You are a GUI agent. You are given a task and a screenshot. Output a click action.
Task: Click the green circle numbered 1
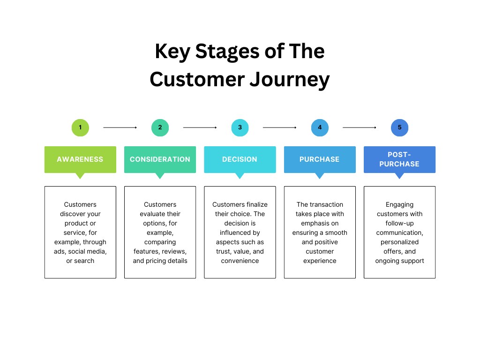(x=80, y=127)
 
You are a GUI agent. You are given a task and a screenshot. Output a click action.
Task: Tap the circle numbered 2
(x=160, y=127)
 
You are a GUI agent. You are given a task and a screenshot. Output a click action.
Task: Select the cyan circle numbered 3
(x=240, y=127)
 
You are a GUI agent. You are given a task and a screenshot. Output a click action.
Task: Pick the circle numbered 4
(x=320, y=127)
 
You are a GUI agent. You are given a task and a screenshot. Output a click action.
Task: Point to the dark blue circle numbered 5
(x=399, y=127)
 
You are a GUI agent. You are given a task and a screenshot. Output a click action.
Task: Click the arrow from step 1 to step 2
(x=120, y=127)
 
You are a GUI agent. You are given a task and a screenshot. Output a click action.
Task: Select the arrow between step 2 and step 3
(x=200, y=127)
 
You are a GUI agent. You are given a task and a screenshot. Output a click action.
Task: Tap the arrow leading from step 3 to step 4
(x=280, y=127)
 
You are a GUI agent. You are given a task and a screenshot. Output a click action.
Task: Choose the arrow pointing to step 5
(x=360, y=127)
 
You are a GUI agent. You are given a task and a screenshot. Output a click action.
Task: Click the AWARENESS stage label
(x=80, y=159)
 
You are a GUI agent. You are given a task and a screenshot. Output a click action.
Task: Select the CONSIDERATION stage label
(x=160, y=159)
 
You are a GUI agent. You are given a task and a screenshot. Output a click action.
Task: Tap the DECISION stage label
(x=240, y=159)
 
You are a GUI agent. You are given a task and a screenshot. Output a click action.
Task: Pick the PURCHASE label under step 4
(x=320, y=159)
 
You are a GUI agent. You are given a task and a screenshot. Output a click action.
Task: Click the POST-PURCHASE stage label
(x=399, y=159)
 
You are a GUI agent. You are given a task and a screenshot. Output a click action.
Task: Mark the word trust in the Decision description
(x=224, y=251)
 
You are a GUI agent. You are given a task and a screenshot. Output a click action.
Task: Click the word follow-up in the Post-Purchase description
(x=399, y=223)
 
